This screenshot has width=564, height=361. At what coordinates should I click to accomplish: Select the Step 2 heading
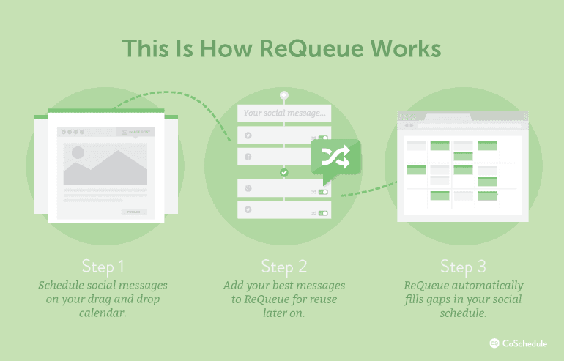[x=283, y=265]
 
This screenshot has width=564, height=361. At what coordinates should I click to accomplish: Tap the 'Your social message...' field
[x=283, y=113]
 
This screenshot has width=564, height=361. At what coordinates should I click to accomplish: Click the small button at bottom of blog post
[x=134, y=212]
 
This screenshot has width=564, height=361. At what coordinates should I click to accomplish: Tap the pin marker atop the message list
[x=283, y=96]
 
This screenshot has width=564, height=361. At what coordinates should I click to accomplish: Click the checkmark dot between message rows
[x=283, y=173]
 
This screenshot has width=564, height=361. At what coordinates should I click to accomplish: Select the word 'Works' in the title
[x=404, y=48]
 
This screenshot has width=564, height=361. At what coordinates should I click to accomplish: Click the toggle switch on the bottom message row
[x=322, y=212]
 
